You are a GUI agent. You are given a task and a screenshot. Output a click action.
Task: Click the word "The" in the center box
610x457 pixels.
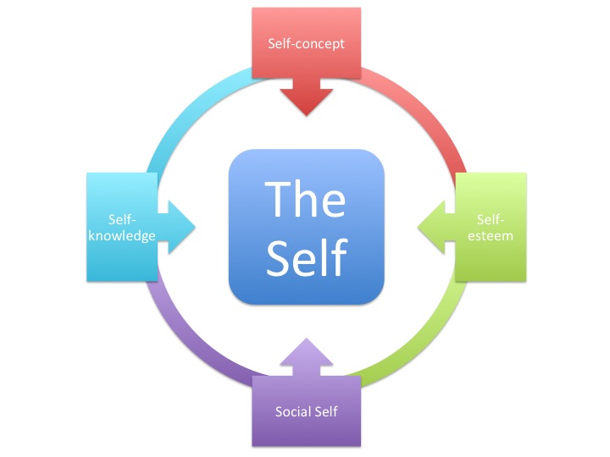click(306, 199)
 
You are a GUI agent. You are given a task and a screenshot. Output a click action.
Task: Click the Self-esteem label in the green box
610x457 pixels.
click(491, 227)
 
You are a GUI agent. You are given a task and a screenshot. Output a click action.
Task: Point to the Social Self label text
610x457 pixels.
click(306, 412)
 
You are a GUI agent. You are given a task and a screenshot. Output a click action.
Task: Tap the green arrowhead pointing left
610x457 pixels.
click(432, 227)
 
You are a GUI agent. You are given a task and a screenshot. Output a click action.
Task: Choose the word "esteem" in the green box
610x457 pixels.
click(491, 236)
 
